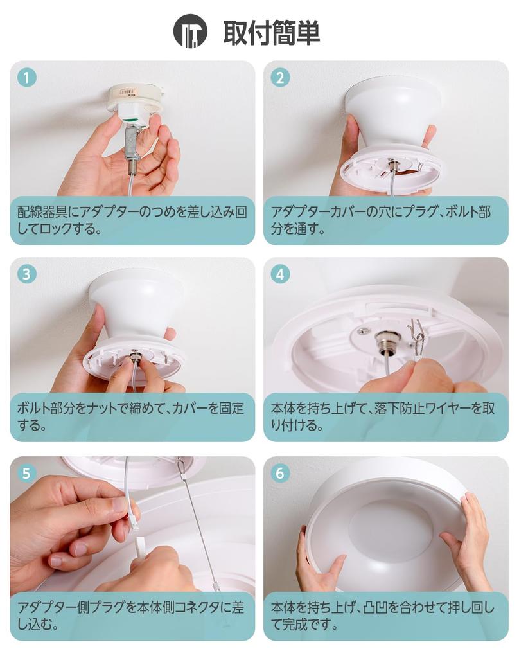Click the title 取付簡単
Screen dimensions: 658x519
[x=271, y=33]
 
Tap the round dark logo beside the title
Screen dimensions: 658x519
[x=190, y=31]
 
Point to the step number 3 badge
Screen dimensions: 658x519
[x=26, y=274]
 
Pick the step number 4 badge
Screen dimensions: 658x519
[x=279, y=274]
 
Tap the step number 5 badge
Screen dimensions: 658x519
[x=26, y=474]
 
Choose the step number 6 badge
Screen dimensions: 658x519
[x=279, y=474]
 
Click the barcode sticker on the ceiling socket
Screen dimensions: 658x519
[x=129, y=93]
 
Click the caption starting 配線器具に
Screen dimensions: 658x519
[x=132, y=220]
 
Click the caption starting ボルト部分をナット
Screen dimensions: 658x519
[x=132, y=416]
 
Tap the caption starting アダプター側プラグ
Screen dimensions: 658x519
[x=132, y=616]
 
